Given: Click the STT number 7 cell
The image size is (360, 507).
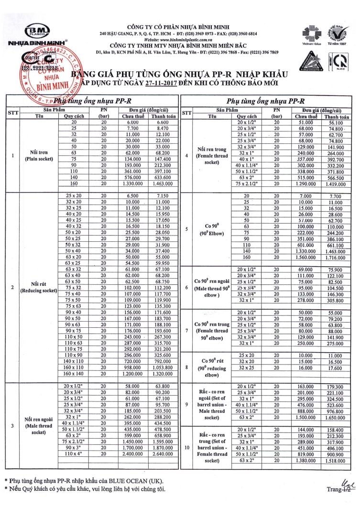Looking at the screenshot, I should [187, 330].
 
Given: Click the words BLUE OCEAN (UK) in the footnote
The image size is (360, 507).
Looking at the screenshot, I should [145, 480].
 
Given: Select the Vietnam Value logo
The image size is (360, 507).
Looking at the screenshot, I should [308, 33].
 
